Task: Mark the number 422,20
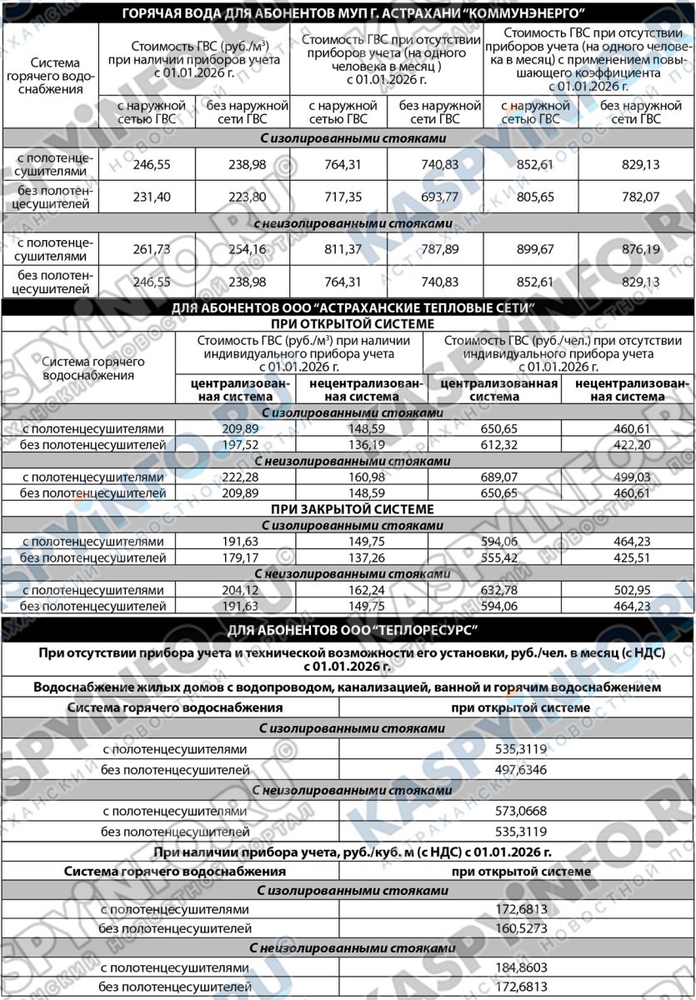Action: pos(642,445)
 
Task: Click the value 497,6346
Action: pos(517,770)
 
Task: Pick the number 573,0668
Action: pos(517,811)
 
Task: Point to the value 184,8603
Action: pos(517,967)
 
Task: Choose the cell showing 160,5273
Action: pos(517,927)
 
